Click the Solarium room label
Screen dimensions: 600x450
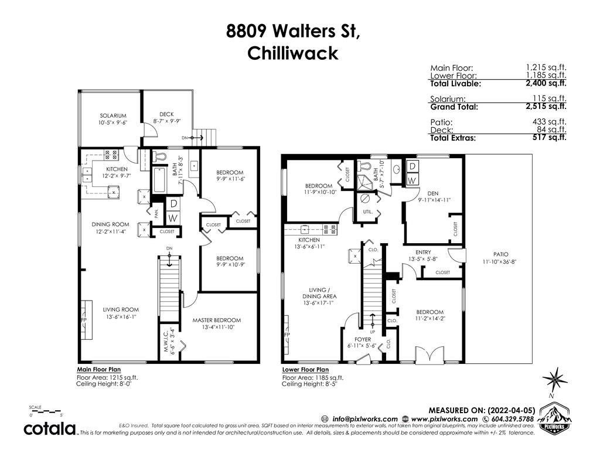coord(113,115)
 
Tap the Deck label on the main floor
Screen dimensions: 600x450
coord(166,114)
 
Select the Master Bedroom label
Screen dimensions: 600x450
coord(217,321)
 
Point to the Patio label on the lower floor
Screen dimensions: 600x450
coord(501,254)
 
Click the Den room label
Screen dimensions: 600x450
coord(433,193)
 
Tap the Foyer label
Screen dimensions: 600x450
coord(362,339)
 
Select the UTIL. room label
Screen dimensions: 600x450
coord(368,212)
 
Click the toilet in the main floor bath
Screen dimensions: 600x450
coord(159,156)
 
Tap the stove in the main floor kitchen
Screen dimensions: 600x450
coord(111,155)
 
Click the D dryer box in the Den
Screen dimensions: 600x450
coord(412,166)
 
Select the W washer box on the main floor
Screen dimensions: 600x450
coord(173,218)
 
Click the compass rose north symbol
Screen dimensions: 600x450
coord(554,380)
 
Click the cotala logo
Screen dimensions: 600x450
coord(50,428)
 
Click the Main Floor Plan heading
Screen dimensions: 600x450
coord(98,370)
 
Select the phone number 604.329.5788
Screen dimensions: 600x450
coord(511,419)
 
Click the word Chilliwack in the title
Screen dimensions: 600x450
coord(293,53)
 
